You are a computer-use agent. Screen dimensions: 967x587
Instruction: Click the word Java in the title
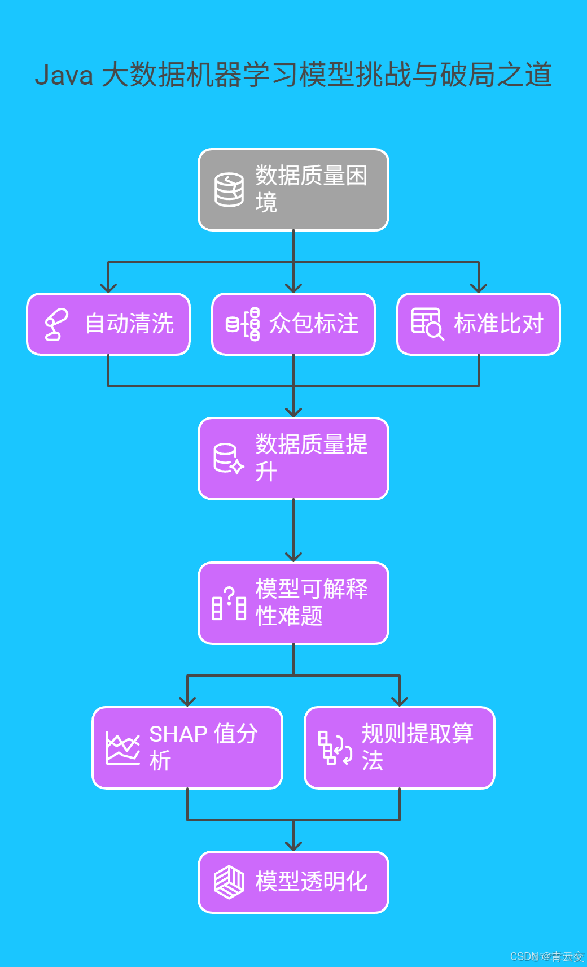point(64,75)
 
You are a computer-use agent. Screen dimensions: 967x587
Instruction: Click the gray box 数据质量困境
point(293,190)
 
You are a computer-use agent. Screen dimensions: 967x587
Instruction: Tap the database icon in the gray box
point(229,190)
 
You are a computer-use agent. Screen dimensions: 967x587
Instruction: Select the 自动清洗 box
point(108,324)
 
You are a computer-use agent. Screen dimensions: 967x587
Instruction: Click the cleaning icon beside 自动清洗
point(56,324)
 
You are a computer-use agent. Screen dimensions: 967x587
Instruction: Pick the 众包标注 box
point(293,324)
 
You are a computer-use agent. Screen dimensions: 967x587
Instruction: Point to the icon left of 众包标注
point(243,324)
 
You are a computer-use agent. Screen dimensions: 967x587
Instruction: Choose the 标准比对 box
point(479,324)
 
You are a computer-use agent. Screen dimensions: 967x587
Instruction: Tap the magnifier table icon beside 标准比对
point(427,324)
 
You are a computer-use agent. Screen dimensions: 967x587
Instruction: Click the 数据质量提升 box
point(293,459)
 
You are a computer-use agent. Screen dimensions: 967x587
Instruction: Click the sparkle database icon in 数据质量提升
point(228,459)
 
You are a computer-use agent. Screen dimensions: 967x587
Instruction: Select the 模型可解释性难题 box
point(293,603)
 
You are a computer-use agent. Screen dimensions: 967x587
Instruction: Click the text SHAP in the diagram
point(178,734)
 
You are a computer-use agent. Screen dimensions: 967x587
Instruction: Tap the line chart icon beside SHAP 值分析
point(122,748)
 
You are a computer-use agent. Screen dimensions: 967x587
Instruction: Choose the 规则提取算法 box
point(400,748)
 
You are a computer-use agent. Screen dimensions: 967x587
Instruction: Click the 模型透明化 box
point(293,882)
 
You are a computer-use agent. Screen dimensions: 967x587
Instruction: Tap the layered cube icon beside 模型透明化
point(229,882)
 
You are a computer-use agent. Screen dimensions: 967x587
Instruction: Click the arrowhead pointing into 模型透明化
point(293,846)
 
